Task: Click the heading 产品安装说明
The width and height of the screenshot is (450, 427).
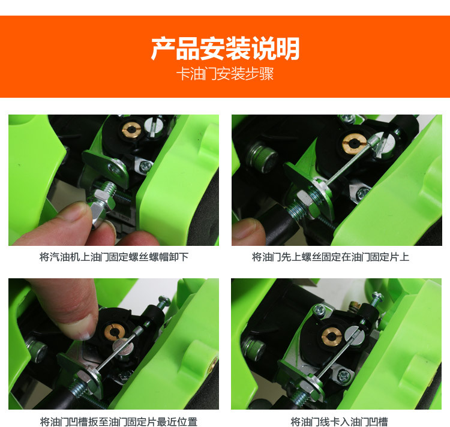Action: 225,49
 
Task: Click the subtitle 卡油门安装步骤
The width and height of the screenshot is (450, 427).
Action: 225,74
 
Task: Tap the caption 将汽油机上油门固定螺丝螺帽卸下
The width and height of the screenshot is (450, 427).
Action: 114,257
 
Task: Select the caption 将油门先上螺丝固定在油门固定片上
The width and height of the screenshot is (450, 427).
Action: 331,257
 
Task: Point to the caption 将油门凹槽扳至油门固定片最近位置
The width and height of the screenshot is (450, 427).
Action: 119,422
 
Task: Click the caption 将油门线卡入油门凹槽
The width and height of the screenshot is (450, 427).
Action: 339,422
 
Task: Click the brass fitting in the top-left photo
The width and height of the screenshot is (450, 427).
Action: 131,130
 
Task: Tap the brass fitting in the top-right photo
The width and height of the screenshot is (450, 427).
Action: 354,143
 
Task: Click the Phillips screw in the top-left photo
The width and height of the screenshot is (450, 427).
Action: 145,166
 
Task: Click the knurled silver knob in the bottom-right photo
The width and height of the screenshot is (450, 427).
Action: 253,347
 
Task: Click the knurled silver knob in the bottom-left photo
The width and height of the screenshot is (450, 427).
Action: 37,350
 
